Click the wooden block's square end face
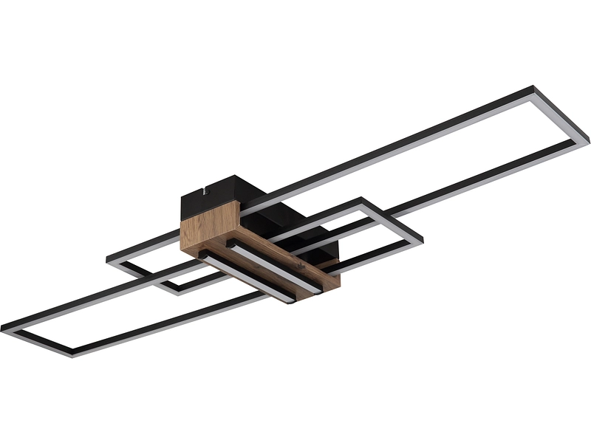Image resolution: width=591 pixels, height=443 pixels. pos(209,225)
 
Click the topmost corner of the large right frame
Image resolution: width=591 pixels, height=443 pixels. pos(533,88)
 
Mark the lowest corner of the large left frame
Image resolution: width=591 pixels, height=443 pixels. pos(72,354)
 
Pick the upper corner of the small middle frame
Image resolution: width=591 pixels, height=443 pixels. pos(361,199)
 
